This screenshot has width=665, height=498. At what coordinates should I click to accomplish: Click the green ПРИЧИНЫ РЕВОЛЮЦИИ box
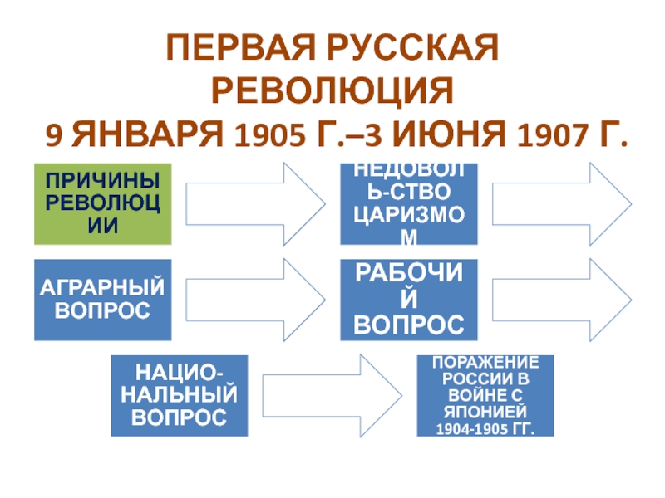point(103,203)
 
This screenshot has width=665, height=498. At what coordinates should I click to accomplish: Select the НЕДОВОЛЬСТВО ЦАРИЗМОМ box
point(409,203)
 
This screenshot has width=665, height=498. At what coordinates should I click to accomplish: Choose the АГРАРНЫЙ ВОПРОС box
point(103,300)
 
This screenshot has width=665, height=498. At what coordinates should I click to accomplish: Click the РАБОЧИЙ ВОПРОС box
point(409,300)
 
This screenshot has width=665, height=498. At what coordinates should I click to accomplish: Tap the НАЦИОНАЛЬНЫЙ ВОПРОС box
point(180,395)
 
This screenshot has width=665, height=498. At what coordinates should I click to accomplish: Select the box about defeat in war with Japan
point(485,395)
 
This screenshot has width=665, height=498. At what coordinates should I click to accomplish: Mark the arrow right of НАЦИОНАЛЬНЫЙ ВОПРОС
point(331,395)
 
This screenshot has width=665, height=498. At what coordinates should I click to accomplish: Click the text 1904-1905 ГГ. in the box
point(485,428)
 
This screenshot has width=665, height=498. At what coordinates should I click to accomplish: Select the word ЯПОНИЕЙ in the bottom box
point(485,413)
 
